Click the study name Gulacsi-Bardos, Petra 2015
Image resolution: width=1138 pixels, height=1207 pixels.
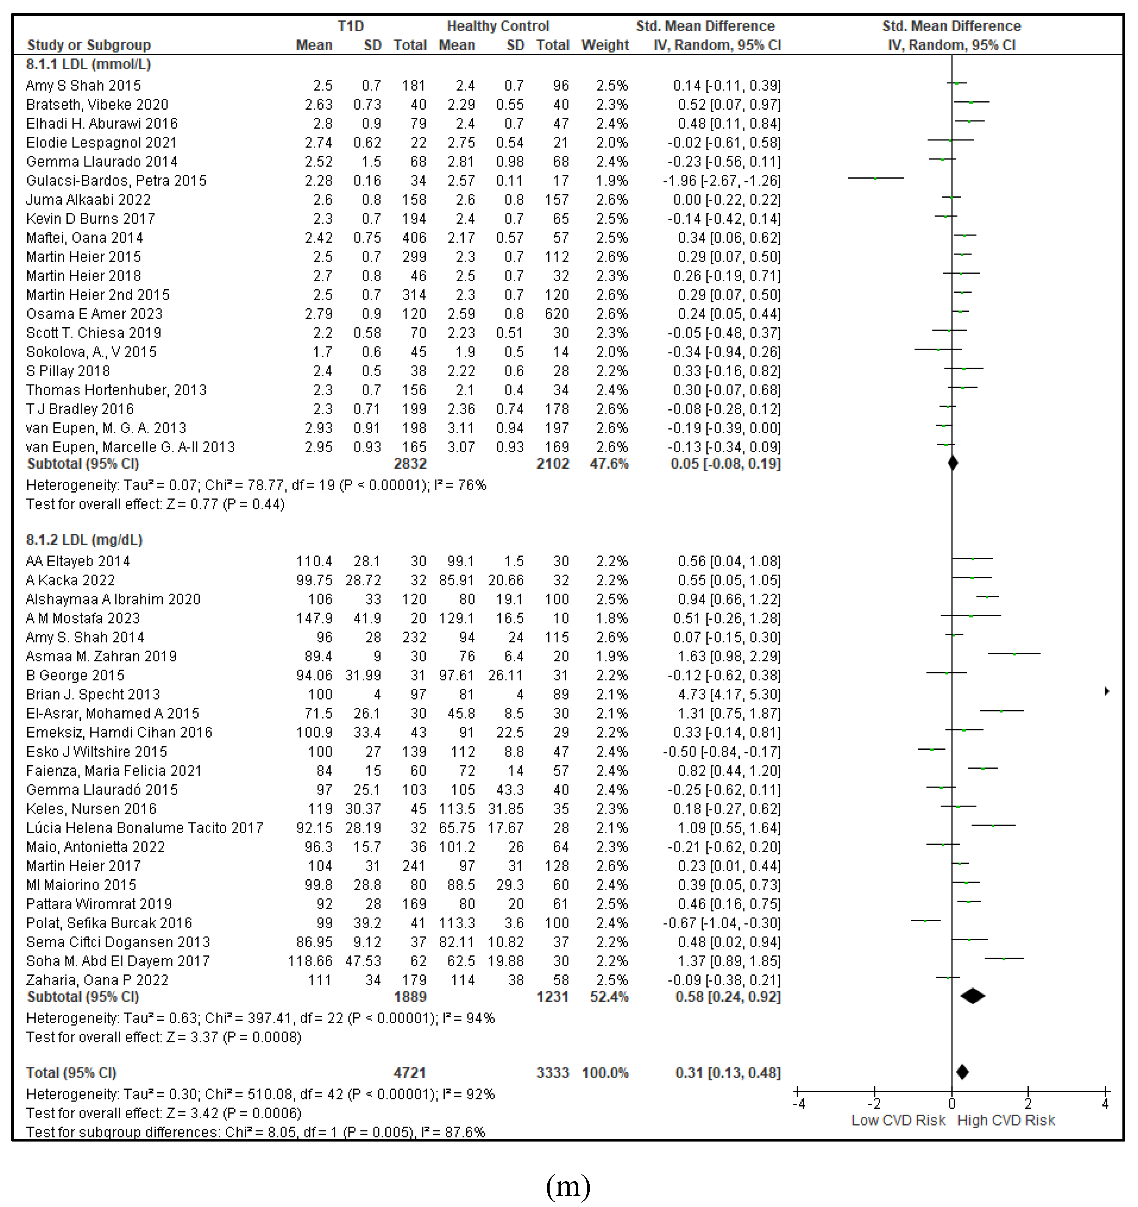click(x=116, y=181)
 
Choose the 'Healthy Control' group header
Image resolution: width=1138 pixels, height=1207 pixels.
click(x=498, y=26)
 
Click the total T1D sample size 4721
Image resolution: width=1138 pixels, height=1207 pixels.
click(x=410, y=1073)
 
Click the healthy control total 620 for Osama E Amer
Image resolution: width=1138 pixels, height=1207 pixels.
click(x=557, y=314)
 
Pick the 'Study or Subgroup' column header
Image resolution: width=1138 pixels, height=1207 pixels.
click(x=89, y=45)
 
